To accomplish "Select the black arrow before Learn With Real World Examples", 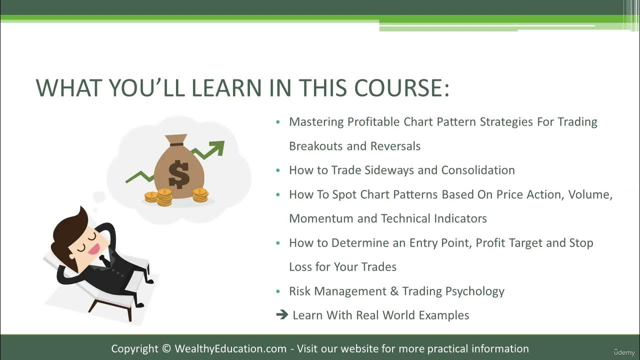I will (x=282, y=315).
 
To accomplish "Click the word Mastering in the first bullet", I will (x=316, y=122).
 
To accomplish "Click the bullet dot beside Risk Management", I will (x=278, y=291).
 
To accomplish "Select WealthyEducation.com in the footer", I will (x=230, y=349).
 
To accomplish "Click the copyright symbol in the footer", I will (x=166, y=349).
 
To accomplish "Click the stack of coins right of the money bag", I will (x=200, y=195).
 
